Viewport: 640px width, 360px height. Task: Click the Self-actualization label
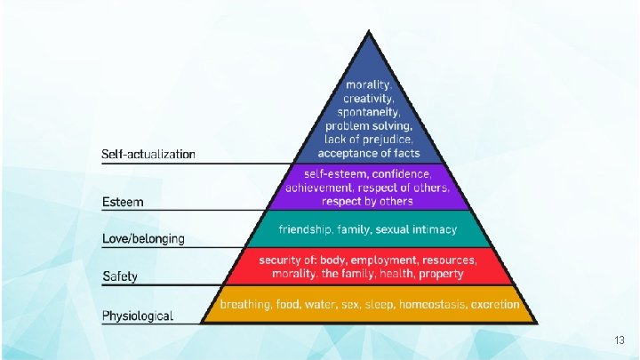point(148,155)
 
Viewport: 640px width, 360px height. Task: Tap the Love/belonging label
point(143,238)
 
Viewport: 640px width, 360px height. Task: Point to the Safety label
point(120,276)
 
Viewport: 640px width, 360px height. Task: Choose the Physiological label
point(138,316)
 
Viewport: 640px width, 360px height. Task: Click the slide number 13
point(620,341)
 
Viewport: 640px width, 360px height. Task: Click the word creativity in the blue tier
point(367,100)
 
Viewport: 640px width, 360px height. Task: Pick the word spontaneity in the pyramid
point(367,113)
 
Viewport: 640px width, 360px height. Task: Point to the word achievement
point(321,188)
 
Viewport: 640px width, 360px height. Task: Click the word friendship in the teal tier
point(307,229)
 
